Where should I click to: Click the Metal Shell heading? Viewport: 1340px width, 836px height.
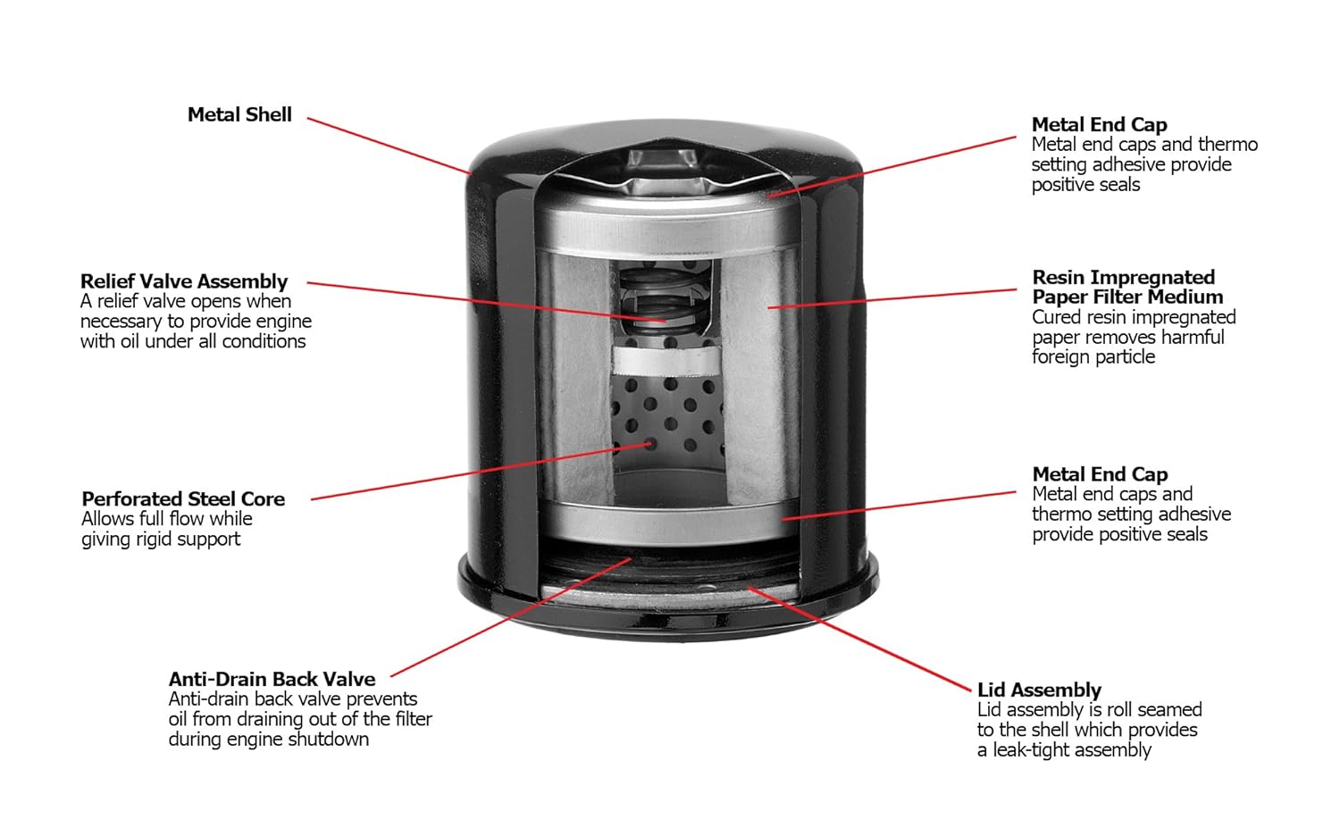tap(239, 115)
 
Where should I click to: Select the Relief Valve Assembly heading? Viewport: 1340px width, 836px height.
tap(184, 282)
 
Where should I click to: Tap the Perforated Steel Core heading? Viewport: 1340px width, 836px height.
tap(183, 499)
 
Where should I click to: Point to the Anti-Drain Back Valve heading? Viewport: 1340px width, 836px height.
tap(272, 680)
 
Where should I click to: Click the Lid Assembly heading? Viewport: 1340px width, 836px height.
tap(1039, 690)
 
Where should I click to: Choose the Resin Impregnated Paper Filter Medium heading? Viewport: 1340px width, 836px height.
tap(1126, 288)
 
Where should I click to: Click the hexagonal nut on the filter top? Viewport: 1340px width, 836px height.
tap(662, 162)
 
